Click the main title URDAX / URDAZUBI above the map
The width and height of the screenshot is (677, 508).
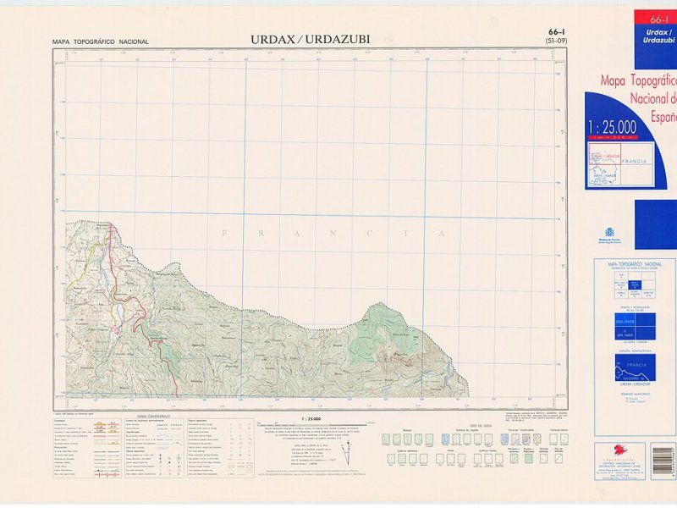tap(310, 39)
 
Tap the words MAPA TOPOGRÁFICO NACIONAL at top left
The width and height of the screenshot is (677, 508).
tap(100, 41)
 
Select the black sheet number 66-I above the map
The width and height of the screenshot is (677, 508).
tap(556, 32)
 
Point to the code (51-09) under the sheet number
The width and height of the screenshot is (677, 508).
tap(556, 41)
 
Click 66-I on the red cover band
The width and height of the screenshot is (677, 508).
tap(655, 19)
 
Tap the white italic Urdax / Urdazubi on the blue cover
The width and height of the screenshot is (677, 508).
tap(658, 36)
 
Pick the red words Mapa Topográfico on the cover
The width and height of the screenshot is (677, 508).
tap(639, 82)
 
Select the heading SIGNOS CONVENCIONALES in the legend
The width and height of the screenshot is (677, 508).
tap(153, 417)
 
